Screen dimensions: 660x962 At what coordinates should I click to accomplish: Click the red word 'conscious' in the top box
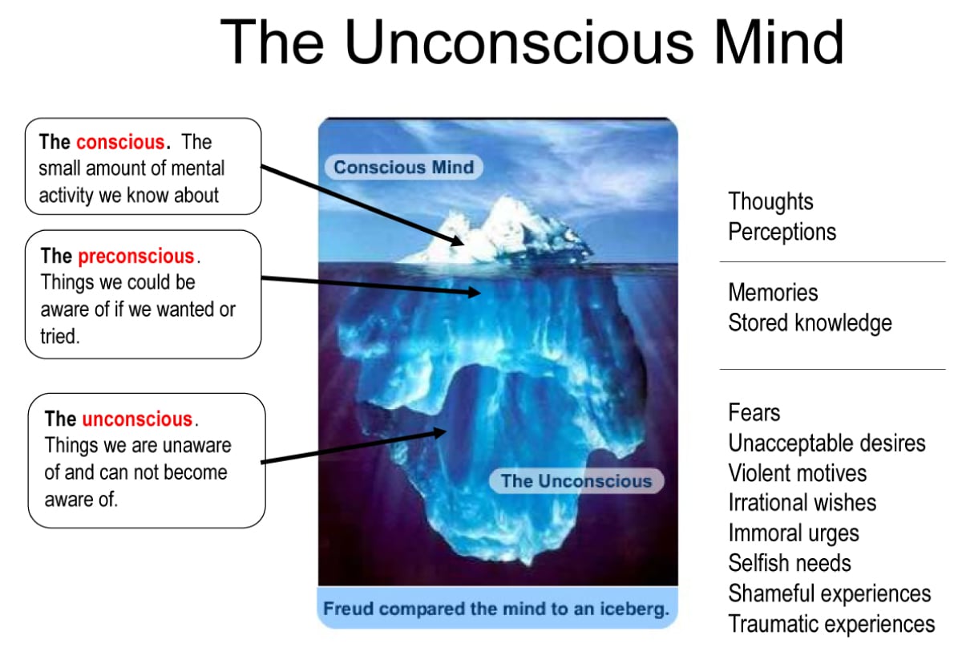point(120,143)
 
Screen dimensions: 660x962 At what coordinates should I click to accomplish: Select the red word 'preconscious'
point(136,257)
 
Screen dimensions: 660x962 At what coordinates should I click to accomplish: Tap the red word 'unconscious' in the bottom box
point(137,419)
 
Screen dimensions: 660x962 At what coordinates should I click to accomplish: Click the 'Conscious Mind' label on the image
point(403,168)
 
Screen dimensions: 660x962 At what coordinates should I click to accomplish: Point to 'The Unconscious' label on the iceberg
point(576,481)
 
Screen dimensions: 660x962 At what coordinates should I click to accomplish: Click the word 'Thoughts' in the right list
point(770,202)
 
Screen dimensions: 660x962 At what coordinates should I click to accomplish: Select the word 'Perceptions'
point(782,232)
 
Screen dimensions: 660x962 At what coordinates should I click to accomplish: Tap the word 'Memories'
point(773,293)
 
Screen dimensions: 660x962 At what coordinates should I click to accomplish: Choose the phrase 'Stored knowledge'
point(810,323)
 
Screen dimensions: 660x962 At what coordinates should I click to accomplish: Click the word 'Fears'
point(754,413)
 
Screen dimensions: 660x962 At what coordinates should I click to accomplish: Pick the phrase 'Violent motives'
point(797,473)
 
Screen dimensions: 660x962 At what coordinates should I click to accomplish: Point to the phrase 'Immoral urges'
point(793,533)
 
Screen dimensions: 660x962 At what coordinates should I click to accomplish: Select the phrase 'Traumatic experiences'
point(831,624)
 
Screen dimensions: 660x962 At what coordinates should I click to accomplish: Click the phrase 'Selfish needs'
point(789,563)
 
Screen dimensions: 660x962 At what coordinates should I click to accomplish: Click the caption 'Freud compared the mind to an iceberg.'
point(496,609)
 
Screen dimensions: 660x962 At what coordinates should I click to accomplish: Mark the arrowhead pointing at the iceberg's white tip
point(458,240)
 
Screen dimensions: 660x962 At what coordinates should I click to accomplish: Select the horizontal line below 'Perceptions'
point(832,262)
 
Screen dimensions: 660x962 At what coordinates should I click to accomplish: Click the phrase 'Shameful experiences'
point(829,593)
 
